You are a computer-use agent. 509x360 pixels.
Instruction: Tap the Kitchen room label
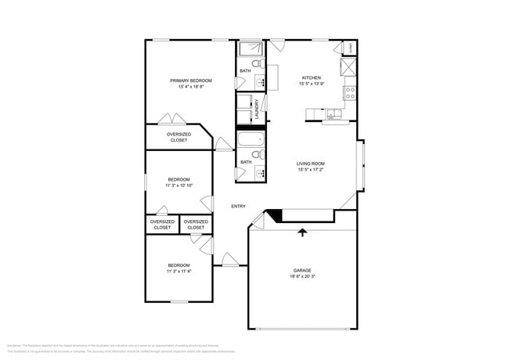(312, 78)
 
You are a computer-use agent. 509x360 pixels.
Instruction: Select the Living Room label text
(310, 164)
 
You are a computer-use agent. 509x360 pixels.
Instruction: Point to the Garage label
(301, 270)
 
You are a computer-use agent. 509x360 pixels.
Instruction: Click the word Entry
(238, 207)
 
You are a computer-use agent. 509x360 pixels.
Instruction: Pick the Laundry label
(256, 108)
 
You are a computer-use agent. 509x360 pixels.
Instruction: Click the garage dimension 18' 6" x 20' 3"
(301, 276)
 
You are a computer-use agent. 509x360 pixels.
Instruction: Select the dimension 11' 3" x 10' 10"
(179, 185)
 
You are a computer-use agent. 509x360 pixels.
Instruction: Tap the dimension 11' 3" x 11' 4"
(179, 272)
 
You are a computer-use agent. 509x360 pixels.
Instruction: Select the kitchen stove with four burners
(351, 92)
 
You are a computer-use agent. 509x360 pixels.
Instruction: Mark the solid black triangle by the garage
(273, 214)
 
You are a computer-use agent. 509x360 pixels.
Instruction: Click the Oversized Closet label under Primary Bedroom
(179, 137)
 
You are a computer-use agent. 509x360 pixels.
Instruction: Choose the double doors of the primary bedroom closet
(172, 119)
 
